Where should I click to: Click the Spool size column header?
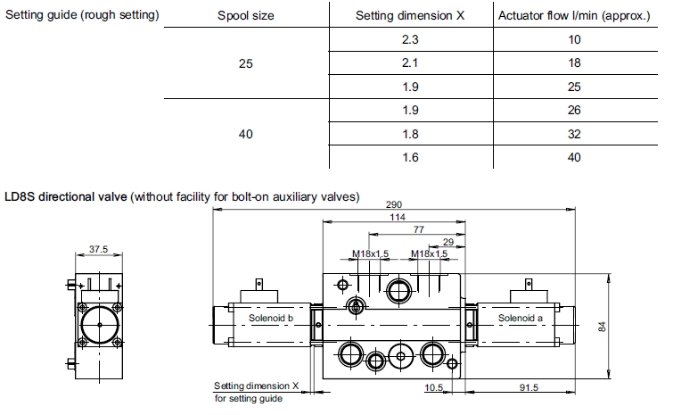(x=246, y=16)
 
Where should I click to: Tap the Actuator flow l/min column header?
(x=574, y=16)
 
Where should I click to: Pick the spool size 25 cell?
(x=246, y=64)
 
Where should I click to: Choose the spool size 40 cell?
(x=246, y=134)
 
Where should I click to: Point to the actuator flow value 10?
(x=574, y=40)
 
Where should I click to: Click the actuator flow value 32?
(x=574, y=134)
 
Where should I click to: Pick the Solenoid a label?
(x=519, y=317)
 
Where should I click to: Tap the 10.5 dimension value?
(x=434, y=387)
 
